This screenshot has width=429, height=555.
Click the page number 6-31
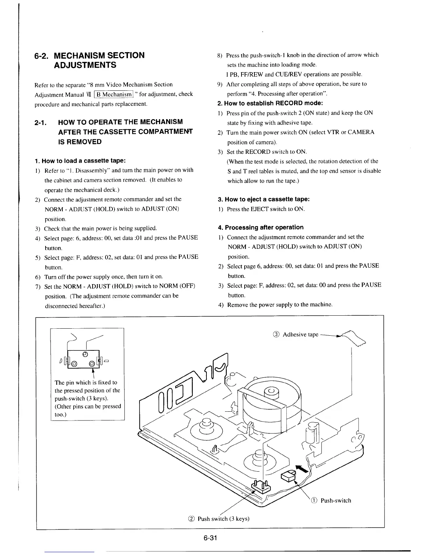pos(211,538)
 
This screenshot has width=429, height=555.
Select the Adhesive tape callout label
pos(300,334)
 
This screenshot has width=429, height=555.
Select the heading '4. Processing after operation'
pos(260,227)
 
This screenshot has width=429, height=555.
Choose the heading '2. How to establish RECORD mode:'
pos(270,103)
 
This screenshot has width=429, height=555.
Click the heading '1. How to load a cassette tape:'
pos(80,161)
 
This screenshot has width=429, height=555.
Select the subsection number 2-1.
pos(42,122)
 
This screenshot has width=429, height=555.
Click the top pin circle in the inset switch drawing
pos(85,354)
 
